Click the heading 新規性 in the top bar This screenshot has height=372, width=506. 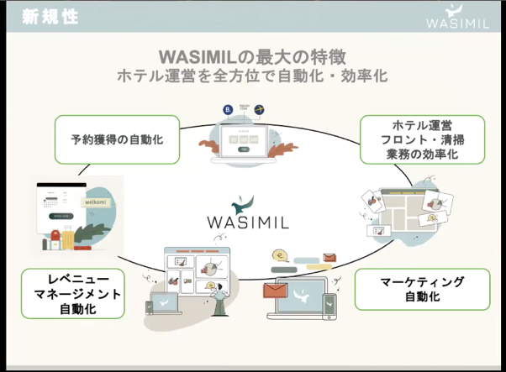[x=50, y=17]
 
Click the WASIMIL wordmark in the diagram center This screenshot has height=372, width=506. [x=249, y=222]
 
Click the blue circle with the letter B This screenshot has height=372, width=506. [x=227, y=110]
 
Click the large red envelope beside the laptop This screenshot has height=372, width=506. [x=275, y=291]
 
